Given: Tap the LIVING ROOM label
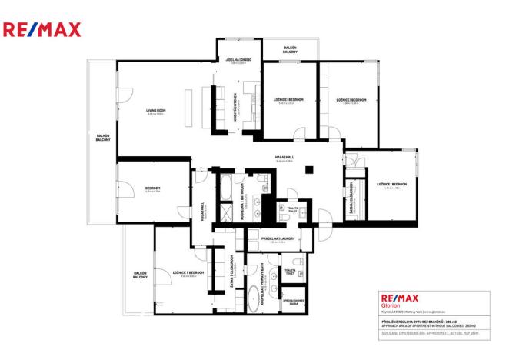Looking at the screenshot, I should coord(157,111).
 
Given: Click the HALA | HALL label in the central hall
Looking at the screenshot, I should coord(284,158).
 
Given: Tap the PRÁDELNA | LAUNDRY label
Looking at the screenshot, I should coord(273,239).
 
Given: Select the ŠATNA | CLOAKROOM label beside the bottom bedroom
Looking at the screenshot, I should coord(231,270).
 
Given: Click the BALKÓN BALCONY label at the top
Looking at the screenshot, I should coord(290,48).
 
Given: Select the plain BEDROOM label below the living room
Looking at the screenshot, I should coord(152,189).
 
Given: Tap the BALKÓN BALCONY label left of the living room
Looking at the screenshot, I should coord(102,138).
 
